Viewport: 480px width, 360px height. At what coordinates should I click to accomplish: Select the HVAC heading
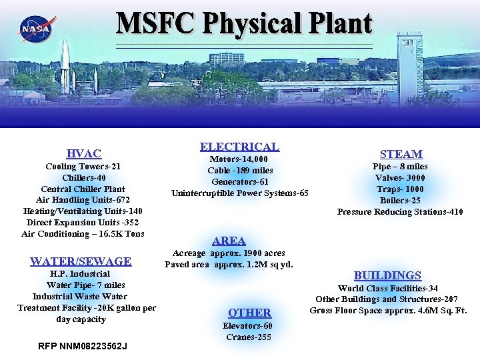tap(84, 154)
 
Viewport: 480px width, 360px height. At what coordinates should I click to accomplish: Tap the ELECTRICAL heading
tap(239, 147)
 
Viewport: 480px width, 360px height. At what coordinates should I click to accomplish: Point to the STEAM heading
tap(401, 154)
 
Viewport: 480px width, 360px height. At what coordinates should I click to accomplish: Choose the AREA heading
tap(229, 241)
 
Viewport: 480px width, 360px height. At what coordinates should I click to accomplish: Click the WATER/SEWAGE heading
tap(81, 261)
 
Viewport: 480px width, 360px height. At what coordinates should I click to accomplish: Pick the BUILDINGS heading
tap(387, 275)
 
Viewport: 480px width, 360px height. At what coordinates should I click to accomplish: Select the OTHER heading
tap(249, 312)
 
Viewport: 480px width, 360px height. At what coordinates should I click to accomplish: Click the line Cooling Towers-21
tap(83, 167)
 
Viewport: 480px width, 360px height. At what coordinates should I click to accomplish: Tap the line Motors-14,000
tap(239, 159)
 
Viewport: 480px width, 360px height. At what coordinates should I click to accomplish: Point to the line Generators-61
tap(239, 182)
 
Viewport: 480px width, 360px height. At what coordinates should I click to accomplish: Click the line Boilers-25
tap(400, 201)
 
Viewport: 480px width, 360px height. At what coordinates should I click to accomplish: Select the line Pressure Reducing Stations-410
tap(400, 212)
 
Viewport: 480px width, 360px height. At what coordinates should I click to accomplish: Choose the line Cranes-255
tap(249, 337)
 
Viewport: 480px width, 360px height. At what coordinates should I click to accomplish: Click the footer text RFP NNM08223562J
tap(83, 346)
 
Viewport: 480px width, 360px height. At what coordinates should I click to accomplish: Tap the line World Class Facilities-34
tap(388, 288)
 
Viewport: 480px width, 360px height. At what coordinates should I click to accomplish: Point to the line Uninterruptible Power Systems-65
tap(240, 193)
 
